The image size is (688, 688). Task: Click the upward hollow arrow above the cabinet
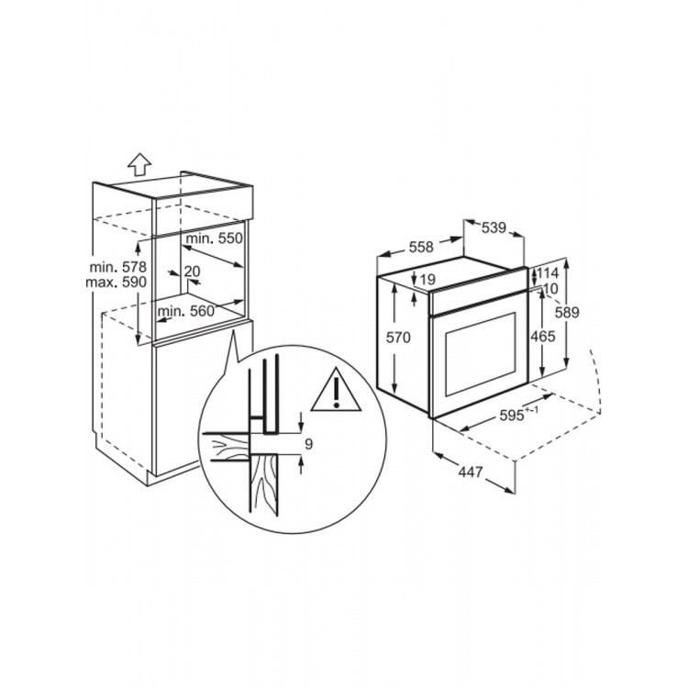pyautogui.click(x=139, y=164)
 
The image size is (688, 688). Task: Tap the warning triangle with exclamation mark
pyautogui.click(x=336, y=390)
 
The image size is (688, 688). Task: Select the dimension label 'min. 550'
pyautogui.click(x=215, y=239)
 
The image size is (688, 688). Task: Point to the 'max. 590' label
pyautogui.click(x=116, y=282)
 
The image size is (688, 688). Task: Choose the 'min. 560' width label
pyautogui.click(x=186, y=311)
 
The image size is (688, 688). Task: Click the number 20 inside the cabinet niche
pyautogui.click(x=193, y=272)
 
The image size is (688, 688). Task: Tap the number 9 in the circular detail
pyautogui.click(x=308, y=445)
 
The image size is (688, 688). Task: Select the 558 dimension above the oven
pyautogui.click(x=421, y=247)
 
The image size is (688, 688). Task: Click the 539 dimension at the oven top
pyautogui.click(x=494, y=227)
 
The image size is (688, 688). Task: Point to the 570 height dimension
pyautogui.click(x=398, y=337)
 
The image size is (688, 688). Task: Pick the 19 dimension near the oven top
pyautogui.click(x=427, y=279)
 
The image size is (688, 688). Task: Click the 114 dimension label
pyautogui.click(x=548, y=273)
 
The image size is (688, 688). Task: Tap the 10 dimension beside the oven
pyautogui.click(x=550, y=288)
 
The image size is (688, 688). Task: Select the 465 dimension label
pyautogui.click(x=543, y=337)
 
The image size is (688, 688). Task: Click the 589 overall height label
pyautogui.click(x=567, y=313)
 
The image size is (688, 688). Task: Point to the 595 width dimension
pyautogui.click(x=519, y=414)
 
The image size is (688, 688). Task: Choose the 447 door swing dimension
pyautogui.click(x=471, y=472)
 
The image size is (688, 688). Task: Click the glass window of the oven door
pyautogui.click(x=481, y=353)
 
